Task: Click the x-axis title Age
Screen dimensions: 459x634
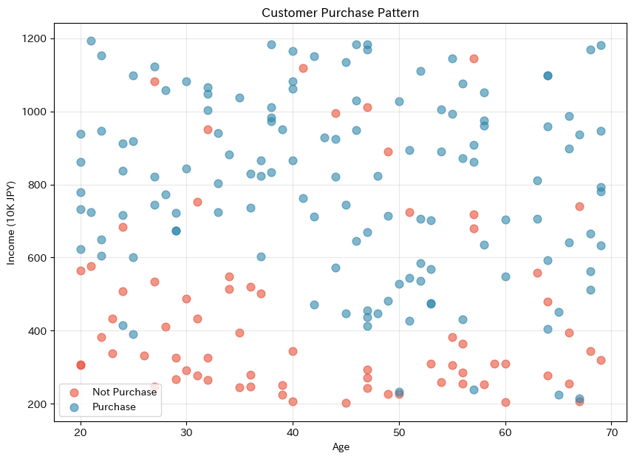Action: coord(340,446)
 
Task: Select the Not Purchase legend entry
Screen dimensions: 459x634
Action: coord(124,392)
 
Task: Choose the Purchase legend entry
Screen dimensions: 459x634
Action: coord(114,407)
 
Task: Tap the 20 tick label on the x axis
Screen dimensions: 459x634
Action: coord(81,431)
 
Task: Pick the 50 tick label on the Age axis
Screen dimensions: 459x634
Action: coord(399,431)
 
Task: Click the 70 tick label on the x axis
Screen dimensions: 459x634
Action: coord(611,431)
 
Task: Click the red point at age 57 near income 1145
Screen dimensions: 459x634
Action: coord(474,58)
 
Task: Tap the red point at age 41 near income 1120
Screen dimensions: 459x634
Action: coord(303,68)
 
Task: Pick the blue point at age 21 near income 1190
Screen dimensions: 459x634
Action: coord(91,41)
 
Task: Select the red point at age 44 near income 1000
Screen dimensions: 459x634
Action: coord(335,113)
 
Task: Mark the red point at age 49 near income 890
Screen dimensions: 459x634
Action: coord(388,152)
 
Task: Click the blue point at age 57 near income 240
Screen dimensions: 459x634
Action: coord(474,390)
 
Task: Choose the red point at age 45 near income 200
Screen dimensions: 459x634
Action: coord(346,403)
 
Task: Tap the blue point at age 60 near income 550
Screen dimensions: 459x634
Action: coord(505,276)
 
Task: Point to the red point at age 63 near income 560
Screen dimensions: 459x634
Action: coord(537,273)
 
